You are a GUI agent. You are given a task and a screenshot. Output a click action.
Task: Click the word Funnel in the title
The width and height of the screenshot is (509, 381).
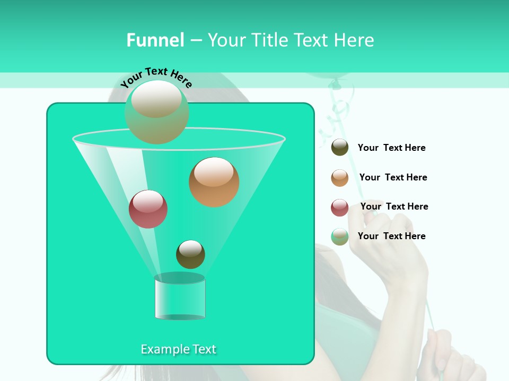click(x=155, y=40)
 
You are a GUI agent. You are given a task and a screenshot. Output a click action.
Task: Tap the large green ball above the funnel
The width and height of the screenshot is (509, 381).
click(x=156, y=112)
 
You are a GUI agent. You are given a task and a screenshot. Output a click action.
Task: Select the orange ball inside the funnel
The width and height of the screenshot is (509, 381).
click(x=214, y=182)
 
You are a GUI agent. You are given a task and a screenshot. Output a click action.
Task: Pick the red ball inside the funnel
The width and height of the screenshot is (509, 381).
click(x=148, y=209)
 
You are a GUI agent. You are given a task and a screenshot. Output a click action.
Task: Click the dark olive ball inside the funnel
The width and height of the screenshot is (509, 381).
click(x=190, y=254)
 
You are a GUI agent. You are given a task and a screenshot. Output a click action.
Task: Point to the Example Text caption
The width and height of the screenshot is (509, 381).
click(x=178, y=349)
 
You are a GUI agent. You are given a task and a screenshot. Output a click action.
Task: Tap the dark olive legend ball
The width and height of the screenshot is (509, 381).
click(x=340, y=148)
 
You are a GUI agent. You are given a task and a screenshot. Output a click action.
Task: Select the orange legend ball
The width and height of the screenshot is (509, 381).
click(x=340, y=178)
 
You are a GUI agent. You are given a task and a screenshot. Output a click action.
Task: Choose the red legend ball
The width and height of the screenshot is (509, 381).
click(x=340, y=207)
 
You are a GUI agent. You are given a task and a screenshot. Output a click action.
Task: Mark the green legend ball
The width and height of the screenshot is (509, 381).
click(x=340, y=237)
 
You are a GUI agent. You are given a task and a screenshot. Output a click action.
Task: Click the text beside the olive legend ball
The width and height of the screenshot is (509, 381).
click(x=391, y=148)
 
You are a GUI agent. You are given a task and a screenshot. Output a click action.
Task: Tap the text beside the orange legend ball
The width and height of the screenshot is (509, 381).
click(x=393, y=177)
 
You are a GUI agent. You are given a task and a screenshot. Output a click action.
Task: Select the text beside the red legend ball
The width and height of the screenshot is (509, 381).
click(x=394, y=206)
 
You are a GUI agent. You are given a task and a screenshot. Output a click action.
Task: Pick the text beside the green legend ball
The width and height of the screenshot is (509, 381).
click(x=391, y=236)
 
